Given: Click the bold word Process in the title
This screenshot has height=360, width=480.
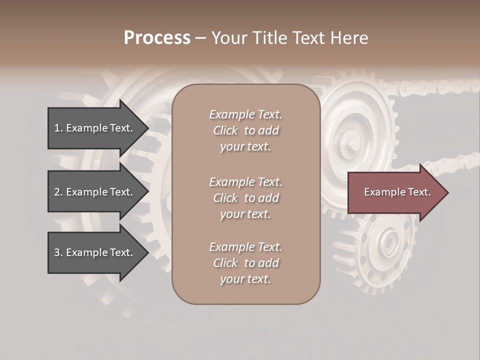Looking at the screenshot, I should pyautogui.click(x=157, y=38).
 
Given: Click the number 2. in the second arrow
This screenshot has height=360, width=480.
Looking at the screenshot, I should pyautogui.click(x=58, y=192).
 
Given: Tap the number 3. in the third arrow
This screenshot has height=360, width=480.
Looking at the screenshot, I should pyautogui.click(x=58, y=252).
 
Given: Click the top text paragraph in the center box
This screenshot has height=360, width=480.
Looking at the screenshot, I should pyautogui.click(x=245, y=130).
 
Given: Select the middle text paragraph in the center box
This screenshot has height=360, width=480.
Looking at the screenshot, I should pyautogui.click(x=245, y=198).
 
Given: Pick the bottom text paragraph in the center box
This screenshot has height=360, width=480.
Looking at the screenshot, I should pyautogui.click(x=245, y=263).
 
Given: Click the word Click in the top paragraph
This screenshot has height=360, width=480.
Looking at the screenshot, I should pyautogui.click(x=225, y=130).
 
